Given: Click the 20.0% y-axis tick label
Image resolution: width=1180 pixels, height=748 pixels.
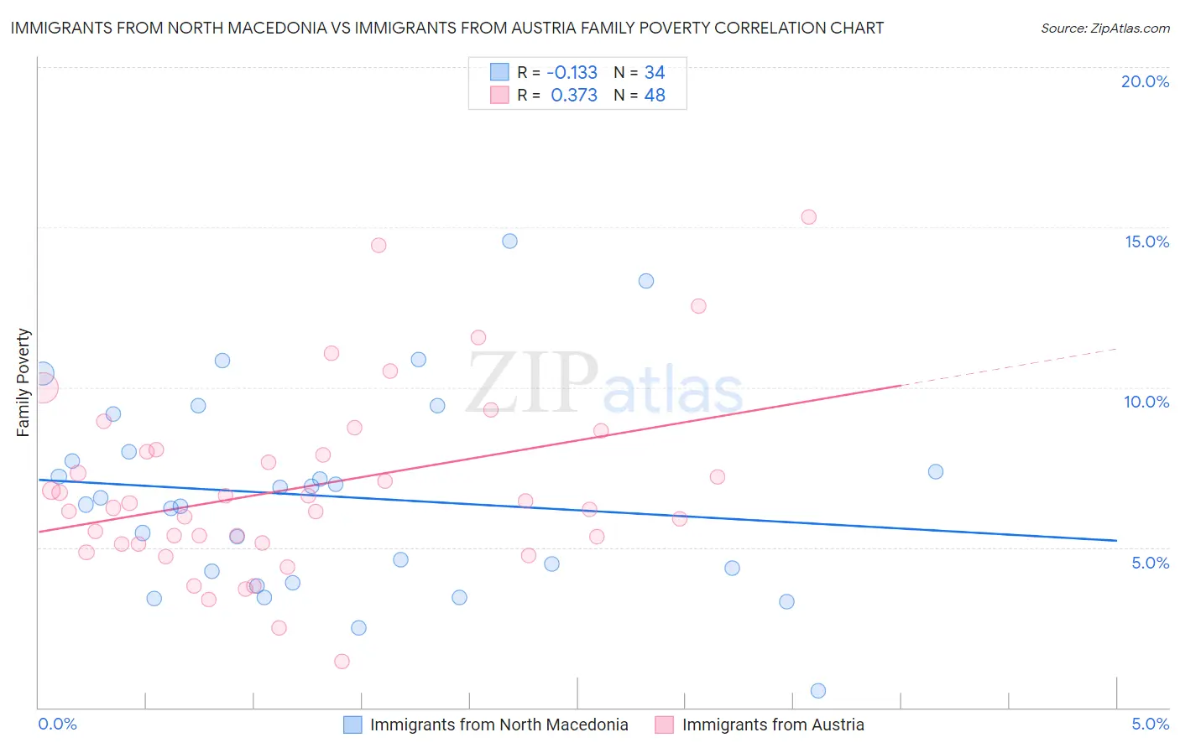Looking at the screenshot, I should click(1145, 81).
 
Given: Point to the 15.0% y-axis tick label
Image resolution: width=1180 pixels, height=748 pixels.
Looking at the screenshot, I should click(1146, 242).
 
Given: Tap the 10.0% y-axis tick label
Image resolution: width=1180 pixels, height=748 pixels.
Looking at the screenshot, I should click(1146, 402).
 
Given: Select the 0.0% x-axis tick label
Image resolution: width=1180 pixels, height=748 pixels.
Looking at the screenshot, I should click(57, 725).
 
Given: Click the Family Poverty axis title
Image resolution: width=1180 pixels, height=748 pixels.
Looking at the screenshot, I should click(23, 382).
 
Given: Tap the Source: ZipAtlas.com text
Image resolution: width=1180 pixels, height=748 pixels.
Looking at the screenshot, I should click(1104, 28).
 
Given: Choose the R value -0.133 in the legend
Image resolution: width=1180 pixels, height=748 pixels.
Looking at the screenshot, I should click(572, 72).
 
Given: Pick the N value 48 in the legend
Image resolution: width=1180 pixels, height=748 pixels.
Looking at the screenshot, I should click(655, 96).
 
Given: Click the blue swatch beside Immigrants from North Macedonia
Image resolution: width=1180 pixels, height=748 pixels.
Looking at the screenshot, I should click(352, 725).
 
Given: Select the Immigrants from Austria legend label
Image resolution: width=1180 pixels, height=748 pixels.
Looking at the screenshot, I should click(772, 725).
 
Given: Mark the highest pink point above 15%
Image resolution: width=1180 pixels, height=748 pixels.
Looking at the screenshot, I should click(808, 217).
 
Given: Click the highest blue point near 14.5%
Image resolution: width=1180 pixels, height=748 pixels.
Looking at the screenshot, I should click(509, 241).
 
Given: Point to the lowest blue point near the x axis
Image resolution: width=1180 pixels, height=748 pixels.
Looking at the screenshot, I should click(818, 691).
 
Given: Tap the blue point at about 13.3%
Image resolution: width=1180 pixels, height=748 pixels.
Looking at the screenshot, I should click(646, 281).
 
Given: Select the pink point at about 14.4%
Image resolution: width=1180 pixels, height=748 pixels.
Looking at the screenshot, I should click(379, 246).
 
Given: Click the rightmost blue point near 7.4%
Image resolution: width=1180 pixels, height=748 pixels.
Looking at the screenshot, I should click(936, 471).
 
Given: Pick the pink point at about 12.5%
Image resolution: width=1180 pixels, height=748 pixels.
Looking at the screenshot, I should click(698, 306).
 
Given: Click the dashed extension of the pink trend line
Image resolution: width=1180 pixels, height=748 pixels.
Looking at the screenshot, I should click(1007, 366).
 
